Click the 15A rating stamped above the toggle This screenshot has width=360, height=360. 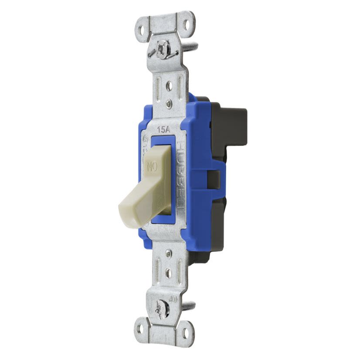(163, 129)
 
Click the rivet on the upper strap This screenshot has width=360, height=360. (168, 104)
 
